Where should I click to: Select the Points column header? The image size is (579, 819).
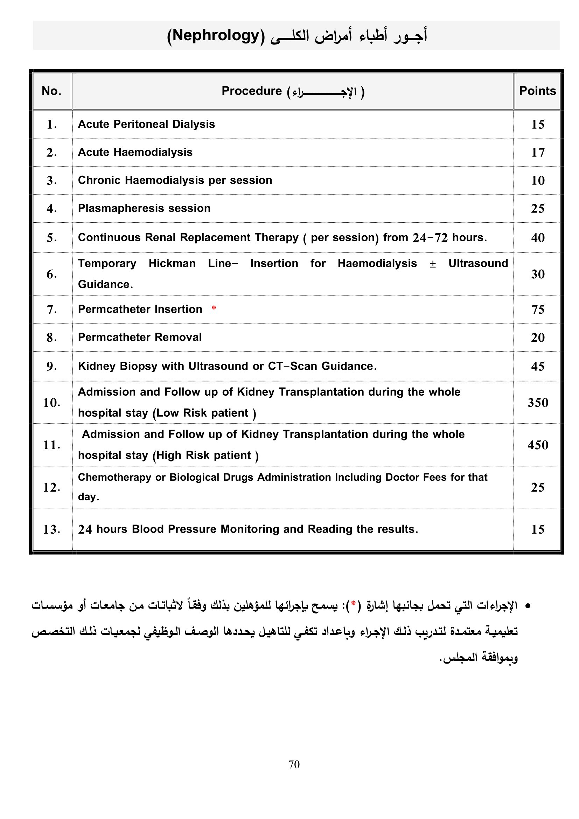[537, 91]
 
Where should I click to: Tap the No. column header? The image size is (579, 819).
[52, 91]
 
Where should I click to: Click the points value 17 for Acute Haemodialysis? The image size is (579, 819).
[538, 153]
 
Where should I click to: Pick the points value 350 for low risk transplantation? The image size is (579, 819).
[538, 403]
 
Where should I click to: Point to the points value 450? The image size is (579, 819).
[538, 445]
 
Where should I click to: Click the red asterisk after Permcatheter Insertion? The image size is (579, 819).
[214, 308]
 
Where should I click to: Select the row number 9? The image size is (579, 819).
[52, 366]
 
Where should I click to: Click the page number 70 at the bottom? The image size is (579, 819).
[294, 764]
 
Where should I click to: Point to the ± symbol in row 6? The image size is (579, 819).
[432, 264]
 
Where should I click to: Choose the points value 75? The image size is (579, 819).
[538, 310]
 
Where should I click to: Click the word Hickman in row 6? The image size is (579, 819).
[172, 264]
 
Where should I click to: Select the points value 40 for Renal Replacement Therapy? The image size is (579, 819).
[538, 238]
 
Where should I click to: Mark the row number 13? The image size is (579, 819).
[52, 529]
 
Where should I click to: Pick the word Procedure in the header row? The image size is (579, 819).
[251, 91]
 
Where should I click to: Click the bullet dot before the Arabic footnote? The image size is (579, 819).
[528, 606]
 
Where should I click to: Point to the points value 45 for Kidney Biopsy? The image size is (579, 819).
[538, 367]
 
